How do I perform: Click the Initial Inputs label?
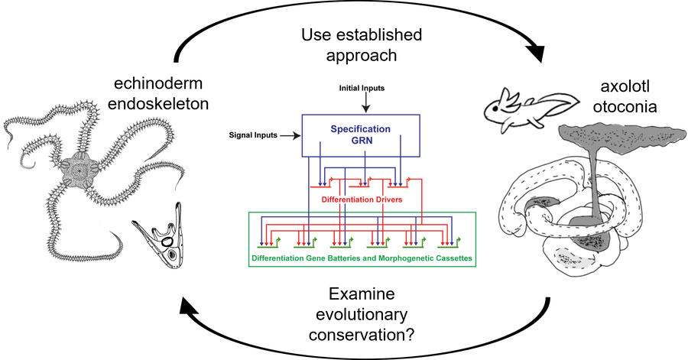click(x=362, y=89)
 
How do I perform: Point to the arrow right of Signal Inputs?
click(x=289, y=136)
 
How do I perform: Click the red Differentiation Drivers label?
click(x=362, y=199)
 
